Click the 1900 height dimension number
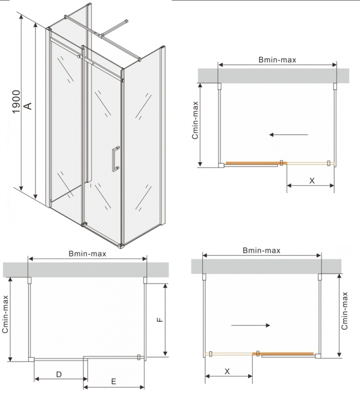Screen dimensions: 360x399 pos(16,102)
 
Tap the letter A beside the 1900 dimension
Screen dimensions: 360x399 pos(28,106)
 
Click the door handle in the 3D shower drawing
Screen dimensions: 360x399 pos(116,159)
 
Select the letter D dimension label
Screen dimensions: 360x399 pos(59,375)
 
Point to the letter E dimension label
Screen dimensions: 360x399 pos(114,382)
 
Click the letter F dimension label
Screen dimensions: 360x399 pos(160,320)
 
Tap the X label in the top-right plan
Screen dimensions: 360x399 pos(312,181)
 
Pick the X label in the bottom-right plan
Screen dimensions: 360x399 pos(227,371)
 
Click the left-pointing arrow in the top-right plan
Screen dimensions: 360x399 pos(289,135)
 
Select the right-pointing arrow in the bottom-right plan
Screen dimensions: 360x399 pos(251,325)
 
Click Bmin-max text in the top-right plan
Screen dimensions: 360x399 pos(277,60)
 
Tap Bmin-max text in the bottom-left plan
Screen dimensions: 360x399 pos(87,253)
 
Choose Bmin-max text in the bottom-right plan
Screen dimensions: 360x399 pos(262,250)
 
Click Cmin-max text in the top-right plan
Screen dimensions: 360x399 pos(195,120)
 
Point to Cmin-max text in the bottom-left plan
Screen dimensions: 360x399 pos(5,314)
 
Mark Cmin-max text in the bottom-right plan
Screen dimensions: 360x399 pos(345,311)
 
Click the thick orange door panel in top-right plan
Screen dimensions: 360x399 pos(256,163)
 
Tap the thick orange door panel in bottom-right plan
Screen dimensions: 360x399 pos(283,354)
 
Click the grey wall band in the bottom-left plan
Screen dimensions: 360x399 pos(86,270)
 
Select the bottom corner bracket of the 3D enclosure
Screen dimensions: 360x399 pos(121,246)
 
